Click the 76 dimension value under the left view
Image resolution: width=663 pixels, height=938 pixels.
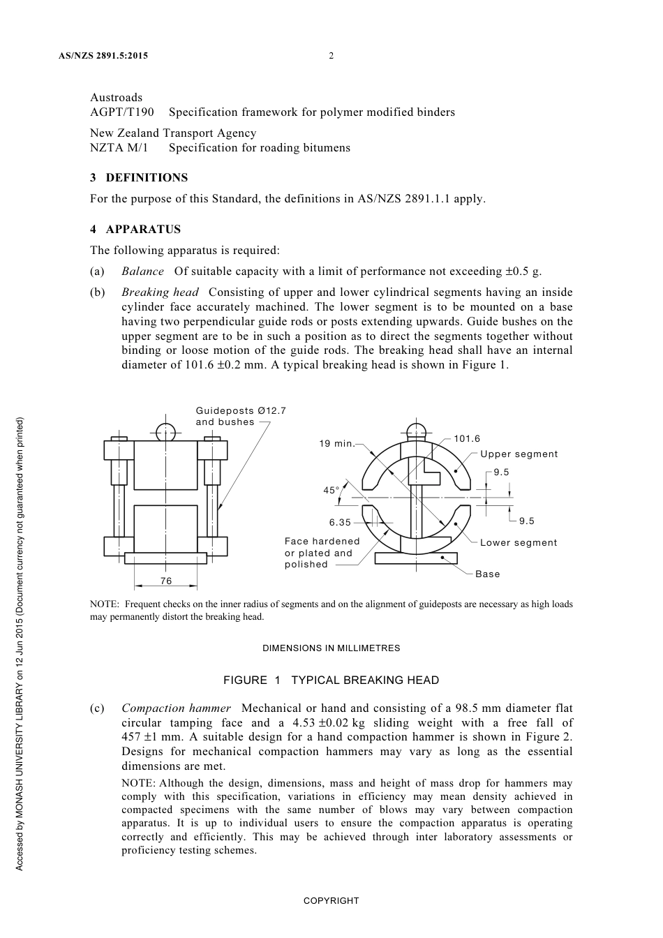coord(165,581)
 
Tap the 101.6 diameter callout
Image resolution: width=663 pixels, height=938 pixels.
coord(467,439)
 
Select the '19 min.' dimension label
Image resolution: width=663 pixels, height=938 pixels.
coord(336,444)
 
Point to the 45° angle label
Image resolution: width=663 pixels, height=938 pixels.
coord(331,490)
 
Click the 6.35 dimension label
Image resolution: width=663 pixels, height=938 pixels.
coord(340,522)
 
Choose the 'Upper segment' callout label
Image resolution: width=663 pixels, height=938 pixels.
coord(519,454)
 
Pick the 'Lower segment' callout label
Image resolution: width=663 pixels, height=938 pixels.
coord(519,543)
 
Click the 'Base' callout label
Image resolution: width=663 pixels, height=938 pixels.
coord(487,574)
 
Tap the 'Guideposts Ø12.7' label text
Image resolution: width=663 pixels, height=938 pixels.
coord(241,411)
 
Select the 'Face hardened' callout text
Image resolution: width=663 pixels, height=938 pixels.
coord(322,542)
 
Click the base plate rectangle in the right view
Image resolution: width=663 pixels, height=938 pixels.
coord(416,558)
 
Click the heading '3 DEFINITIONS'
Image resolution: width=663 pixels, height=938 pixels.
coord(139,178)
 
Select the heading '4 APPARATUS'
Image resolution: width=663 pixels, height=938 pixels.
coord(135,230)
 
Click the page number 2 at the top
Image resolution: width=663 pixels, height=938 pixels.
coord(331,56)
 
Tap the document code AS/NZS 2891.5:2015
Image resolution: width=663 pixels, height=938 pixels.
coord(103,56)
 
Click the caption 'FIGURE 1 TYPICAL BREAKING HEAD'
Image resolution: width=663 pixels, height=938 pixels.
coord(331,680)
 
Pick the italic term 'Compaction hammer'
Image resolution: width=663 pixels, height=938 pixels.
coord(176,708)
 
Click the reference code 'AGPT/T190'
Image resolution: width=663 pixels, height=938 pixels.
coord(122,112)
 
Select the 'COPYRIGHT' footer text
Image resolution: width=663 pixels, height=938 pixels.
coord(331,901)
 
